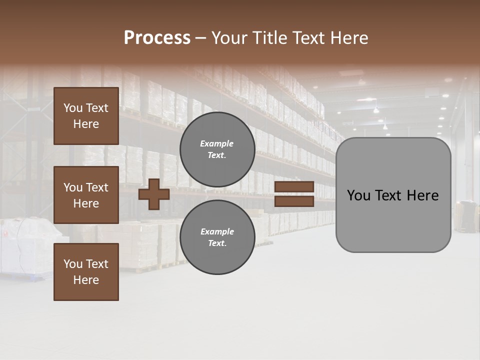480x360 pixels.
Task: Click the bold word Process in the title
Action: coord(157,38)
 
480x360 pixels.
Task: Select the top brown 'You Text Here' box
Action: coord(86,116)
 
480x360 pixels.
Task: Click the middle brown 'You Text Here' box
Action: coord(86,195)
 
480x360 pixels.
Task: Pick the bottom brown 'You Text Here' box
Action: coord(86,272)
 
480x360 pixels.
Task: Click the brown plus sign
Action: coord(154,194)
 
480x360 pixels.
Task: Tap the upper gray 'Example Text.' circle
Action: coord(217,149)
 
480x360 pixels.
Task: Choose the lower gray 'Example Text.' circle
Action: coord(217,237)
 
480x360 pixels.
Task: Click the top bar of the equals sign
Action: coord(294,187)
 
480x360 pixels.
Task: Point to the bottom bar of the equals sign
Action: coord(294,201)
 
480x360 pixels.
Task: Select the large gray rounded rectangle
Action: coord(393,220)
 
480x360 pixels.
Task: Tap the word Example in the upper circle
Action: coord(217,144)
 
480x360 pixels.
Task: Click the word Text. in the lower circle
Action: coord(217,243)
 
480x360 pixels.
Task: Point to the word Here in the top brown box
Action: coord(86,124)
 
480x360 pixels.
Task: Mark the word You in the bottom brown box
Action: coord(73,264)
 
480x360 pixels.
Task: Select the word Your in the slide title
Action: coord(227,38)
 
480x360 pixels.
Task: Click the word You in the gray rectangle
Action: coord(358,195)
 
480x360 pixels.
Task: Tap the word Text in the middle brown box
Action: coord(96,187)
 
